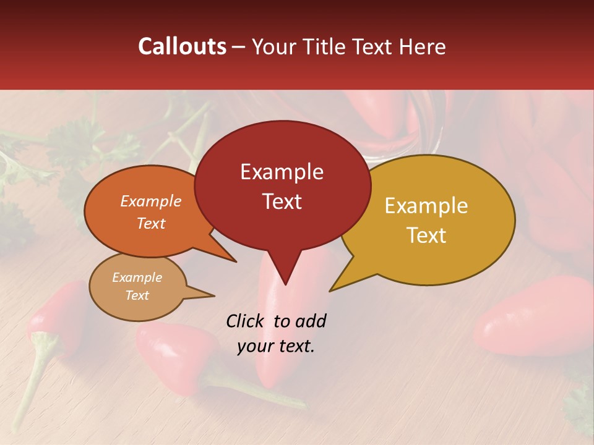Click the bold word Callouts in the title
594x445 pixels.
click(182, 46)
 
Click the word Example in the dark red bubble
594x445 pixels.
click(282, 172)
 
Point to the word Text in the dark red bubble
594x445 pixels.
click(282, 201)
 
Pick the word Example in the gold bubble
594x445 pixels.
click(426, 206)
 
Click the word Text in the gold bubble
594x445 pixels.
click(426, 235)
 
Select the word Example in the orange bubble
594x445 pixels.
click(150, 201)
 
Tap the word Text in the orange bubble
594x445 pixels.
click(150, 223)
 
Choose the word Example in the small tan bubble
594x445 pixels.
click(137, 278)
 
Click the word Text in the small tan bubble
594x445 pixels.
click(137, 295)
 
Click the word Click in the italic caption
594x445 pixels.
click(246, 321)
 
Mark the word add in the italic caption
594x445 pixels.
click(310, 321)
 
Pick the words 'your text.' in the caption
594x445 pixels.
click(276, 346)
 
